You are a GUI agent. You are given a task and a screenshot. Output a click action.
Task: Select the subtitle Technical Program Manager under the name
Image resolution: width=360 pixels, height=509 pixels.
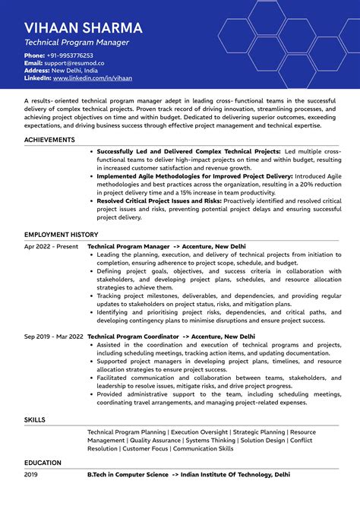[x=77, y=43]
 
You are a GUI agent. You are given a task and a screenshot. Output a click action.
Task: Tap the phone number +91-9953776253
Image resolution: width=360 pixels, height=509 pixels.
[x=70, y=55]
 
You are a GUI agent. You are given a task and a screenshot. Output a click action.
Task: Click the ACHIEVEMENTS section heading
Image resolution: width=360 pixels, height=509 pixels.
[x=49, y=140]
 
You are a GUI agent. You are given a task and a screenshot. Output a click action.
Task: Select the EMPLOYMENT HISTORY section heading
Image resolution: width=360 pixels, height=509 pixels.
[x=62, y=235]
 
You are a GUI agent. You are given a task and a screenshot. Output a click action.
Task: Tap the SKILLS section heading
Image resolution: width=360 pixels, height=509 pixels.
[x=35, y=419]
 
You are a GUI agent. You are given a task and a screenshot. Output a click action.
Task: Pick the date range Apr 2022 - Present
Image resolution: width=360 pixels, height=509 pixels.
[x=51, y=247]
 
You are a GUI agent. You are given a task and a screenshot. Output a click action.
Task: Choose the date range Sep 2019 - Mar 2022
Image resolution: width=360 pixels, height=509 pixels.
[x=54, y=336]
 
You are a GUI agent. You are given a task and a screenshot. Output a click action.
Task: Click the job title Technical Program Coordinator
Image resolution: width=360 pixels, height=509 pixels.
[x=133, y=336]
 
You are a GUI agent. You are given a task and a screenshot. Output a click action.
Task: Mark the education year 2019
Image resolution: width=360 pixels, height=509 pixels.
[x=31, y=474]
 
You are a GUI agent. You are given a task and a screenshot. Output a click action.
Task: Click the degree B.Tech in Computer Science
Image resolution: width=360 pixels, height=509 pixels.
[x=128, y=474]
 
